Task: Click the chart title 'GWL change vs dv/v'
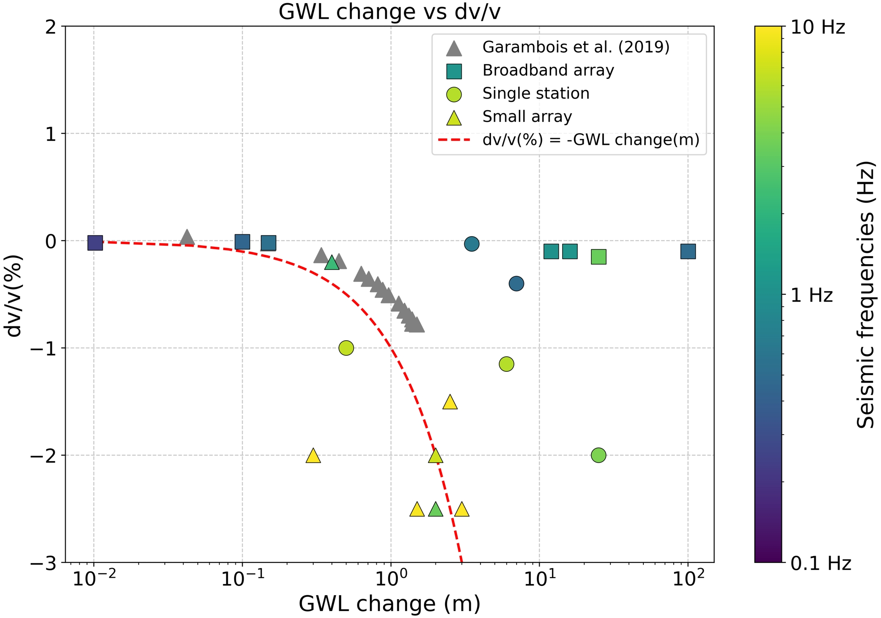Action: pos(389,12)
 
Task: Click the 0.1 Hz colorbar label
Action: pos(820,563)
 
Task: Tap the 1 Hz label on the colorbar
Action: pos(811,295)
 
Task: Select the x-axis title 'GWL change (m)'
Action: pos(389,603)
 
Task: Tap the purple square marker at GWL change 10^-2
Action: pos(95,243)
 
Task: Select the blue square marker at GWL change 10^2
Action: pos(688,251)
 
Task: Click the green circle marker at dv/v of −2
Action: pos(598,455)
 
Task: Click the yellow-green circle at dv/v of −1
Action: pos(346,348)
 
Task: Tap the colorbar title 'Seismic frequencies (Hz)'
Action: pos(865,295)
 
